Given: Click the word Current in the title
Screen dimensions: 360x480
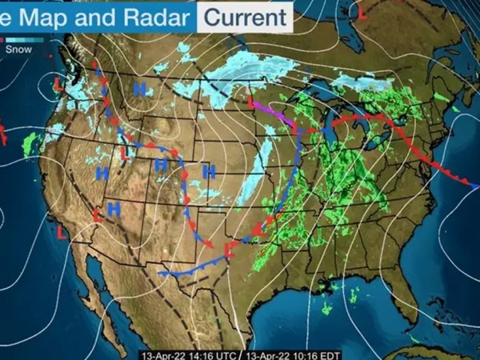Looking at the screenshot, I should click(x=245, y=15).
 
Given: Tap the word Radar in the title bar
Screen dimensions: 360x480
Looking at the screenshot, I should click(x=160, y=15).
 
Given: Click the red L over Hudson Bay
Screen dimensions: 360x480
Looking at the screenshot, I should click(x=362, y=14).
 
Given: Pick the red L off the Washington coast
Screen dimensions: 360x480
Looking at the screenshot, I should click(x=58, y=82).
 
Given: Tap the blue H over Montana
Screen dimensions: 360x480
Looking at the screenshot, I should click(x=140, y=90).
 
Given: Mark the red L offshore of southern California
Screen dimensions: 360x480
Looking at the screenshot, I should click(x=62, y=232).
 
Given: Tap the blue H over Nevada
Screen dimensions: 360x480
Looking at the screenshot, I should click(x=102, y=173).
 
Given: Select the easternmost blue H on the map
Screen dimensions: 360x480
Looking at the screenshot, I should click(x=209, y=170).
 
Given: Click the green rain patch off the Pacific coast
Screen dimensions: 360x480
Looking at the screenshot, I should click(x=32, y=144).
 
